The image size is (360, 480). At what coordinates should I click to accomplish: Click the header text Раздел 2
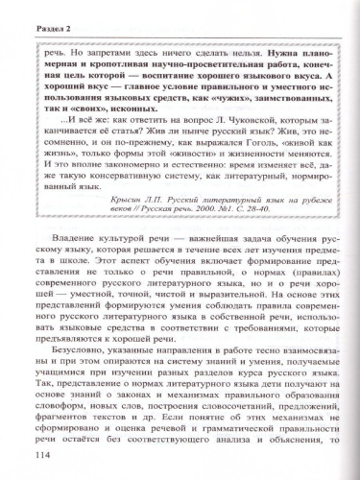(34, 14)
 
